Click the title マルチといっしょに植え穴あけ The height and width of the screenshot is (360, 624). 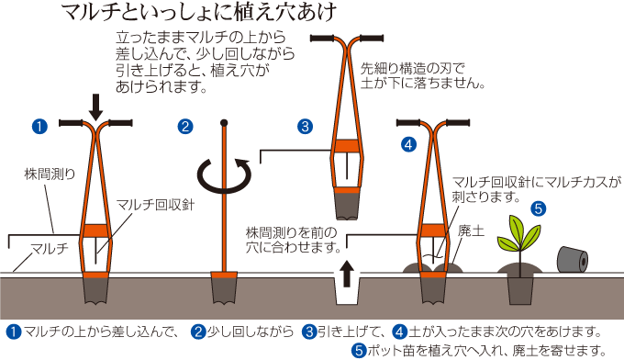coord(199,12)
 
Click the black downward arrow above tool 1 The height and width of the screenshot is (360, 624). coord(95,107)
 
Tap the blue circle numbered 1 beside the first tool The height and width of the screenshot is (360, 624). coord(39,127)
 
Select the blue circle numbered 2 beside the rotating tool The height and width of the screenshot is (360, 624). coord(185,127)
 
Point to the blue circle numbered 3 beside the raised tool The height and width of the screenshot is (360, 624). coord(305,127)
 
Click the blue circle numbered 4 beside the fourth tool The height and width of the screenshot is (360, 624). coord(408,144)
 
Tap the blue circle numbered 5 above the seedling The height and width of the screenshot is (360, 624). coord(539,208)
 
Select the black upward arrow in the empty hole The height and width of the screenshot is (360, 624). coord(347,273)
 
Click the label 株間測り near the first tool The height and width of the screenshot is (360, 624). coord(50,174)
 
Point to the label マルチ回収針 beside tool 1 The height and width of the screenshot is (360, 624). coord(155,205)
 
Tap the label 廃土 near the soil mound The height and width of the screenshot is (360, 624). coord(471,231)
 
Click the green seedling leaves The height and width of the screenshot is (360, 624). coord(519,233)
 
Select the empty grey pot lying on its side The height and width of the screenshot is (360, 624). coord(572,260)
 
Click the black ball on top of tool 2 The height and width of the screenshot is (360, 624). coord(224,123)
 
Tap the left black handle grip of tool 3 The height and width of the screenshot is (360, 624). coord(323,39)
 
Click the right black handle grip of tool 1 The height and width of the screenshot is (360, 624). coord(120,123)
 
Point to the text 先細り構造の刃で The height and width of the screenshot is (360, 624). coord(412,69)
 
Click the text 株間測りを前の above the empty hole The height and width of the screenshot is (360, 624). coord(291,232)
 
